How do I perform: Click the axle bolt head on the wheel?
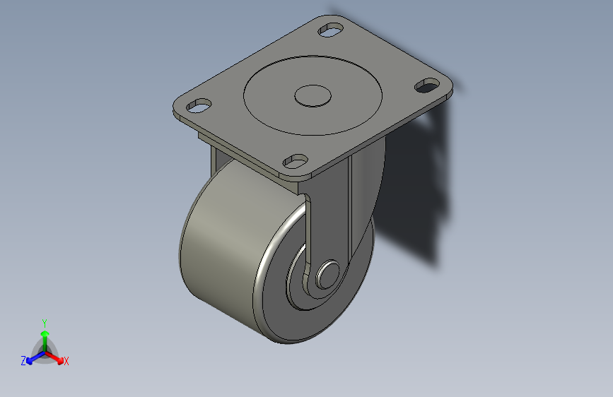(x=327, y=274)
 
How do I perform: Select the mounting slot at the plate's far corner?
(x=330, y=30)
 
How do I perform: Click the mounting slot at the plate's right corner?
(x=426, y=85)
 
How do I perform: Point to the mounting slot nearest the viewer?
(x=295, y=162)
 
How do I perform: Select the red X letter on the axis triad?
(x=66, y=362)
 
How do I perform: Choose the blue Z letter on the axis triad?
(x=23, y=361)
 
